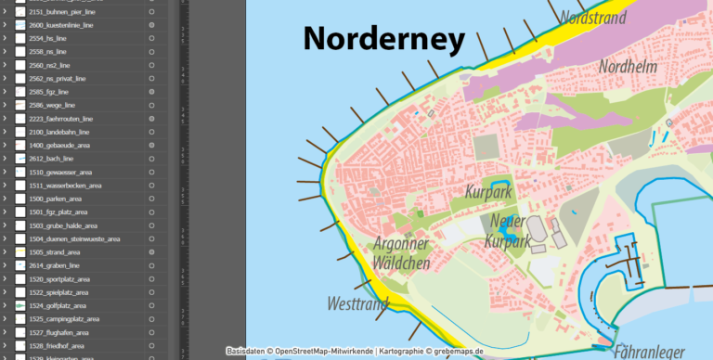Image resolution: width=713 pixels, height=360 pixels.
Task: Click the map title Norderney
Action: [383, 39]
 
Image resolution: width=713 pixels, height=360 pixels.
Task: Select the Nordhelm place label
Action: [628, 67]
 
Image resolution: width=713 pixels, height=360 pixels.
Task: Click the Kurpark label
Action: [488, 191]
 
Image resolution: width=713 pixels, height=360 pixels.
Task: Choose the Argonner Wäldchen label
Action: [401, 253]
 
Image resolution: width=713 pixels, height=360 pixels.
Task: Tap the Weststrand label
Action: [356, 303]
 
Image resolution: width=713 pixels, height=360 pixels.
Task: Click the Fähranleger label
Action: [649, 352]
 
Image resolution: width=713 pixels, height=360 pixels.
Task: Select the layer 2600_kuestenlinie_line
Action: [61, 25]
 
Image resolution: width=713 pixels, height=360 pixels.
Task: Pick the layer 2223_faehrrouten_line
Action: [61, 119]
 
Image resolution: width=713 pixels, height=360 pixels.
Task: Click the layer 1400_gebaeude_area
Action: [59, 146]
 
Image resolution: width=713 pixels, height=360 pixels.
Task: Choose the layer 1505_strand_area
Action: [55, 251]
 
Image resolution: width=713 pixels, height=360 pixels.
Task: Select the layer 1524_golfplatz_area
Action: [58, 305]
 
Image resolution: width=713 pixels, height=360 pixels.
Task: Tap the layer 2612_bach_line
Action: [48, 159]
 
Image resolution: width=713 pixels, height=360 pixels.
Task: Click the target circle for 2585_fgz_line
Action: [150, 93]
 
